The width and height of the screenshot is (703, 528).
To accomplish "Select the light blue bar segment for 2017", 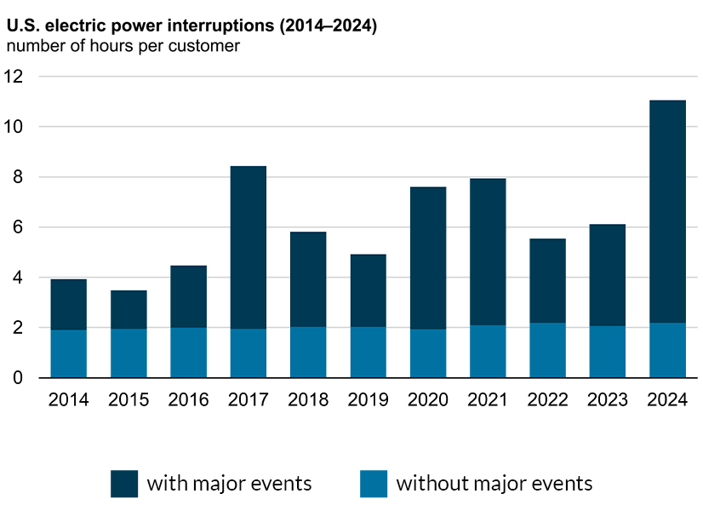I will tap(248, 353).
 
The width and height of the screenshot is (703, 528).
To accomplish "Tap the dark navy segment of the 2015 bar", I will tap(129, 309).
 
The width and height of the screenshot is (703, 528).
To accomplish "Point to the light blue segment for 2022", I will tap(547, 350).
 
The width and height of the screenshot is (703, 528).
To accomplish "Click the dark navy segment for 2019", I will tap(368, 290).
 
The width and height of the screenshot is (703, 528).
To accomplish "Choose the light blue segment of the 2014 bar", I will tap(68, 353).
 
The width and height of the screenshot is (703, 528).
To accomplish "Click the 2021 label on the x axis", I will tap(488, 399).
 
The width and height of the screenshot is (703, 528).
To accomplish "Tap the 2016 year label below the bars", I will tap(188, 399).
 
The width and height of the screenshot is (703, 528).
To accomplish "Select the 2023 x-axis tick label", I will tap(608, 399).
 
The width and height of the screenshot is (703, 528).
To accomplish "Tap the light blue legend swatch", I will tap(373, 484).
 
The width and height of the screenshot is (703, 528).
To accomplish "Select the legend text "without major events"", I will tap(494, 484).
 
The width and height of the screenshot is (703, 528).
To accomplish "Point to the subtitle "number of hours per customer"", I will tap(123, 46).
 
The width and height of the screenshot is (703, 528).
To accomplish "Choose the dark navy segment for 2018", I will tap(308, 279).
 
